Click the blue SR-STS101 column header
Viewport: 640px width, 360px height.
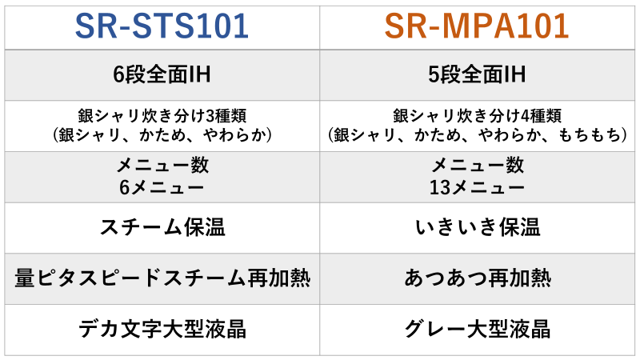162,26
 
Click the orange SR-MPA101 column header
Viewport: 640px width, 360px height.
477,26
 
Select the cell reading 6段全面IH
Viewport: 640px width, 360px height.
162,74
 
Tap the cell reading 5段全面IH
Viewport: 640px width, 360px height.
477,74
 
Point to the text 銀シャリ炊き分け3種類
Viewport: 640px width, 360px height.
162,116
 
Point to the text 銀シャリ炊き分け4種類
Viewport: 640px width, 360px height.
477,116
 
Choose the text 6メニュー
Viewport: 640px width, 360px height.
162,188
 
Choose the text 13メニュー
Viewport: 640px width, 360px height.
477,188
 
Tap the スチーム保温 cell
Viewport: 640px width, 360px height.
162,227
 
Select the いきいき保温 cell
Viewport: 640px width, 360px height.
477,227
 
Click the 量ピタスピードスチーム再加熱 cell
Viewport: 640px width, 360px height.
162,278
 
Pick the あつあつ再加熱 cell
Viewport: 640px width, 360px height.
477,278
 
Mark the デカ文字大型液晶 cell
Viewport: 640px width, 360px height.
162,329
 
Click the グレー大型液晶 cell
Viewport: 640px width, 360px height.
477,329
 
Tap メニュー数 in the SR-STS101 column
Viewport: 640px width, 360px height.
162,166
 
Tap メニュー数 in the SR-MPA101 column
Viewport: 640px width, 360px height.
477,166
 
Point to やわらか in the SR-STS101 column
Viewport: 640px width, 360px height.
234,135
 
